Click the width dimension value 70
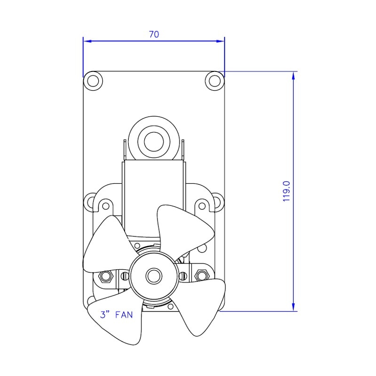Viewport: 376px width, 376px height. coord(154,34)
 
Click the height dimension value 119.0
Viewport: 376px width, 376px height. coord(287,191)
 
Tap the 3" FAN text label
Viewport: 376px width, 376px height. coord(117,315)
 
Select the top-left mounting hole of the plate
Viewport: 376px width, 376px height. coord(93,81)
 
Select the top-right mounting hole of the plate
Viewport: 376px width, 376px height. coord(214,81)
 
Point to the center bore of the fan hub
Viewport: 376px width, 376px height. coord(153,275)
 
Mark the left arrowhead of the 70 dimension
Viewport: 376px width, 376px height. coord(86,41)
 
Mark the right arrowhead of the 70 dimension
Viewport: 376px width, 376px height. coord(221,41)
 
